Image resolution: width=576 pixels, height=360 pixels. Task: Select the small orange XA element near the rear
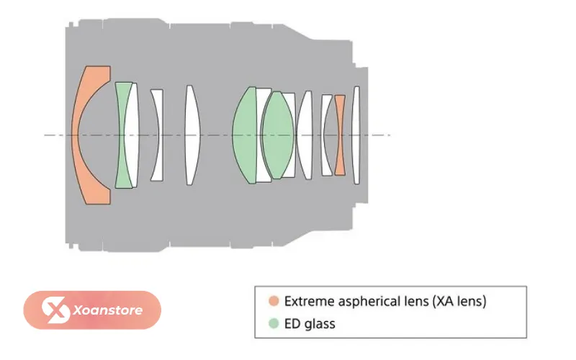(340, 135)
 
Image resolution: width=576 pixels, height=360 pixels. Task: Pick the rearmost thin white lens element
(356, 135)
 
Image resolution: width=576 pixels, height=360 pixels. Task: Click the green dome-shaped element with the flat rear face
(245, 135)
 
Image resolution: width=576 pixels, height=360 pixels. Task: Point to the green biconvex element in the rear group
(278, 135)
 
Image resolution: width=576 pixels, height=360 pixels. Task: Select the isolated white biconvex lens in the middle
(192, 135)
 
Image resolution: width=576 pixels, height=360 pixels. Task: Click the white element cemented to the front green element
(132, 135)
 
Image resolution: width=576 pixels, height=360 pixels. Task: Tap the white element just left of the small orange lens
(327, 135)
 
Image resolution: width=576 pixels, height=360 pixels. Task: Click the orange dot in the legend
(274, 301)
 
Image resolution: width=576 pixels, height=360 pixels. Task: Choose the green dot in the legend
(274, 323)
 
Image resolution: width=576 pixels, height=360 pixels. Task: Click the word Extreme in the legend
(309, 301)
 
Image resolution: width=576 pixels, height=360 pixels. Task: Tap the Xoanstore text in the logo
(108, 310)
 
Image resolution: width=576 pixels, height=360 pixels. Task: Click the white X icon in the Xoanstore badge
(55, 310)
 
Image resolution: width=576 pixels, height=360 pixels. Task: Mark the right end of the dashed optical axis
(390, 135)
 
